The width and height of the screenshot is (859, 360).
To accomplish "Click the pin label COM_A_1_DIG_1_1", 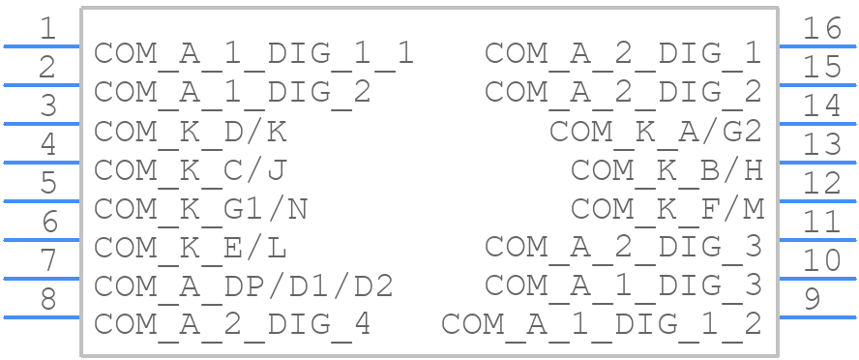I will [x=253, y=53].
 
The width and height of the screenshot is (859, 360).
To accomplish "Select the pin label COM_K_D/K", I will [x=191, y=131].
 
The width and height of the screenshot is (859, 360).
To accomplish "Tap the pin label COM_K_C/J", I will [x=191, y=169].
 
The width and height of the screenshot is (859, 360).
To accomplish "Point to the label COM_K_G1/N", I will [x=200, y=208].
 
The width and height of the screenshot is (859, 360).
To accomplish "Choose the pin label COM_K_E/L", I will [x=191, y=247].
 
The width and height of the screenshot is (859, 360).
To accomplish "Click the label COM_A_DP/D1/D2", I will [x=243, y=285].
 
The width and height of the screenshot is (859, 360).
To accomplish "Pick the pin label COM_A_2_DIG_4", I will [x=232, y=324].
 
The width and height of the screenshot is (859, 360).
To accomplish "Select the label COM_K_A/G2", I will [x=656, y=131].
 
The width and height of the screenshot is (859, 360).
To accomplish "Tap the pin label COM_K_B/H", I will [x=666, y=169].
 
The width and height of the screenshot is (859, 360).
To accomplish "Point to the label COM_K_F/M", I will [x=666, y=208].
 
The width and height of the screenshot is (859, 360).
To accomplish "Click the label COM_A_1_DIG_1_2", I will [x=602, y=324].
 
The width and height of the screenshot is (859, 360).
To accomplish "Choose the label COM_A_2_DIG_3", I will [x=624, y=247].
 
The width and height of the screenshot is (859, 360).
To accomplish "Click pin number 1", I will [x=47, y=29].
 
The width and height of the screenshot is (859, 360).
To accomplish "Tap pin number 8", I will [x=47, y=300].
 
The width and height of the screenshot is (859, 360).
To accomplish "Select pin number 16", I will [x=821, y=29].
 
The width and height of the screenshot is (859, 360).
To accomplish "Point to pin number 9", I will [x=812, y=300].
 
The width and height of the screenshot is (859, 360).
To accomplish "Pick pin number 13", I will [x=821, y=145].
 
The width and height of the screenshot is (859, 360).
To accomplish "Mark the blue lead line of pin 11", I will [x=817, y=240].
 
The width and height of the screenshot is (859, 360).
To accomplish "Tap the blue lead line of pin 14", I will [x=817, y=124].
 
